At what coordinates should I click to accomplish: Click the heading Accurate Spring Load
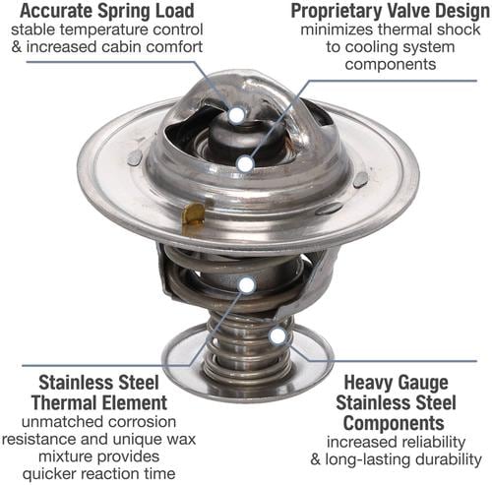107,11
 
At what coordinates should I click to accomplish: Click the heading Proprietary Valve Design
391,11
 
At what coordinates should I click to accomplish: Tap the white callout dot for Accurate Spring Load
237,115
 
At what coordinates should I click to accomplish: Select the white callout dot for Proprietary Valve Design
245,164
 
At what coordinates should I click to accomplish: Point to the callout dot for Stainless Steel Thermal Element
247,284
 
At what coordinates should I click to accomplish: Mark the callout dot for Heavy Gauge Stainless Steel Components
277,335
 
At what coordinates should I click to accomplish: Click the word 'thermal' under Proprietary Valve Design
400,30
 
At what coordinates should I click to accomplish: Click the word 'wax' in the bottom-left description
181,439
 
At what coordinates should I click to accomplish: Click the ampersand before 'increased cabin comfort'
17,46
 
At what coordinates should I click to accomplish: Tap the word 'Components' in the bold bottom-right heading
394,423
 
